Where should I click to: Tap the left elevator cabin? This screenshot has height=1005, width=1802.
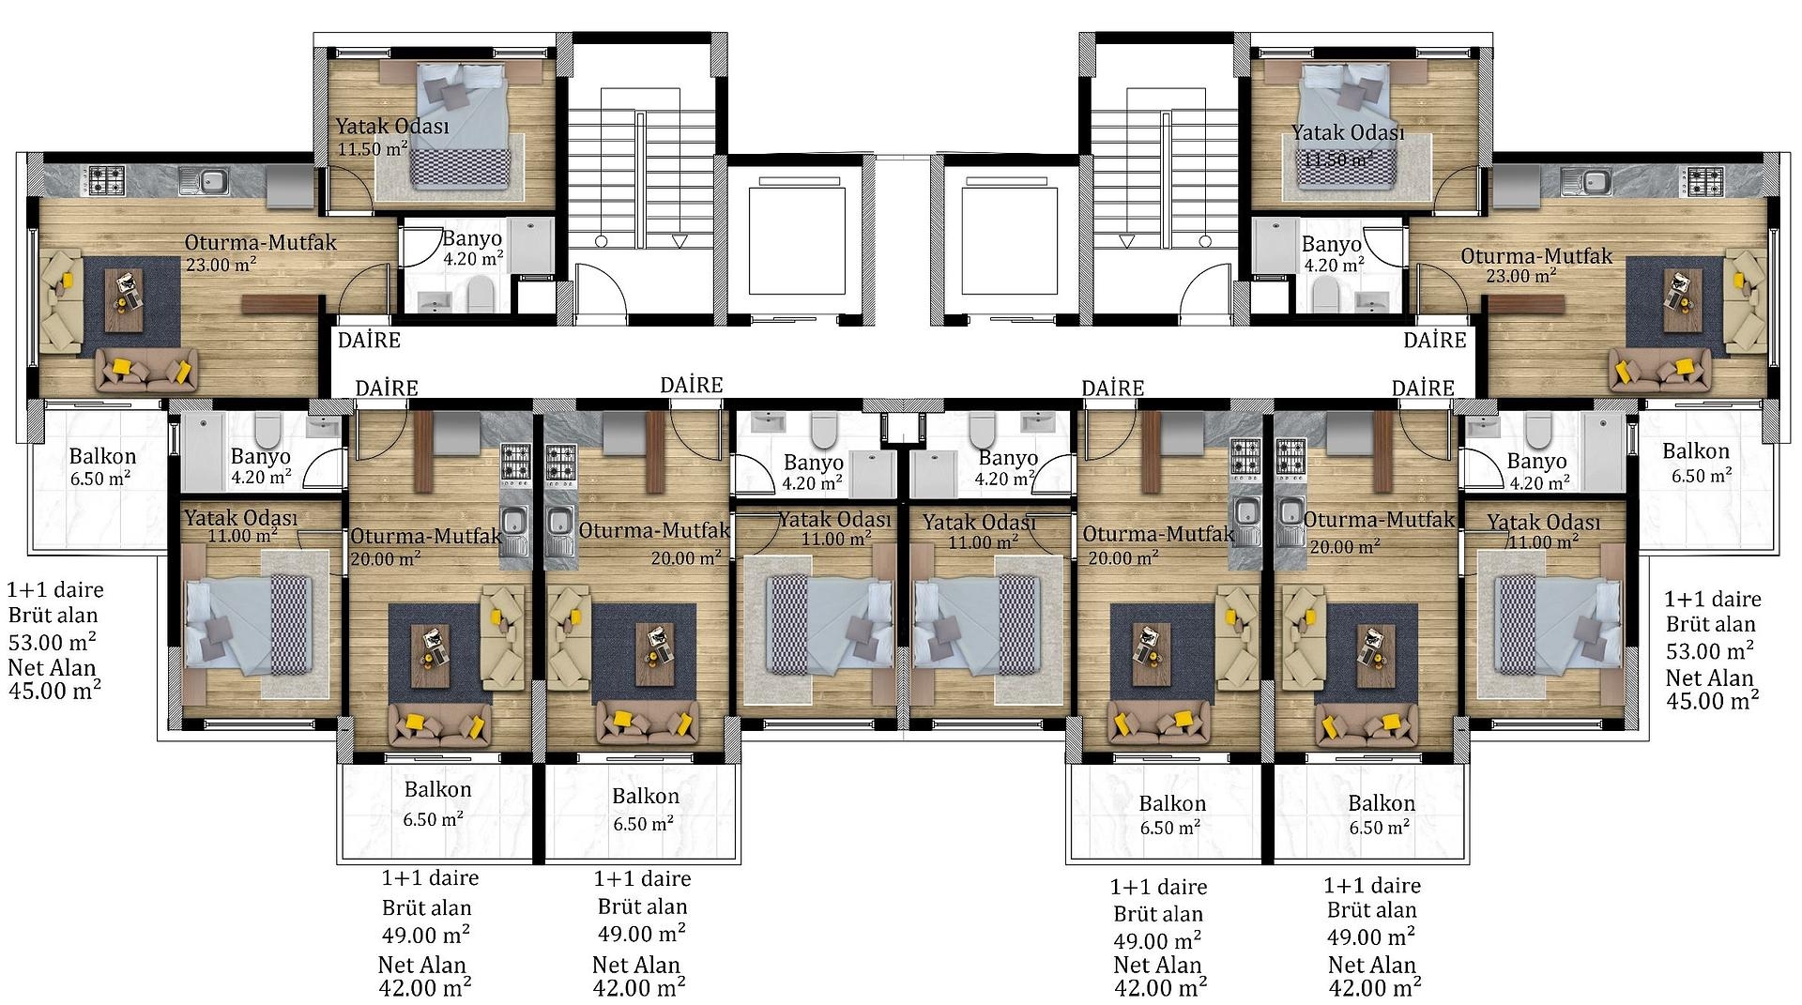[x=797, y=240]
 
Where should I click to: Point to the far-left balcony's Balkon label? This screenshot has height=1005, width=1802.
[x=102, y=457]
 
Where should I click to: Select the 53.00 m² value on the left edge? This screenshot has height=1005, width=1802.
[x=52, y=643]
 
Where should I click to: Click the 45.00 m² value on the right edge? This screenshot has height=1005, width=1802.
[x=1712, y=700]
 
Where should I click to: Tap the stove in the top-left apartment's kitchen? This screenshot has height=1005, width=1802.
[x=105, y=180]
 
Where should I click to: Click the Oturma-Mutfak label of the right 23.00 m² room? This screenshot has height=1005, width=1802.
[x=1536, y=255]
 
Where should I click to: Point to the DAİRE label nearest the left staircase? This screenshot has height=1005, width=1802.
[x=369, y=340]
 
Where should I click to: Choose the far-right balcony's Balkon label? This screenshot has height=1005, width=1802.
[x=1695, y=451]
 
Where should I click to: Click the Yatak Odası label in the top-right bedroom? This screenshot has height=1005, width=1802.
[x=1348, y=133]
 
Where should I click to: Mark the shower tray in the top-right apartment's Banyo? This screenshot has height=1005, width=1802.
[x=1275, y=246]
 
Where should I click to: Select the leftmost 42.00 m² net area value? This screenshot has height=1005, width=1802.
[x=425, y=988]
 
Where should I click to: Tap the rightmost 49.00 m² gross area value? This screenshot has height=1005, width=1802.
[x=1371, y=937]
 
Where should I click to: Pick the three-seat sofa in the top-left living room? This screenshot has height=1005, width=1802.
[x=147, y=370]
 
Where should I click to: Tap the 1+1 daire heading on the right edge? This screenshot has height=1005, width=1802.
[x=1713, y=599]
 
